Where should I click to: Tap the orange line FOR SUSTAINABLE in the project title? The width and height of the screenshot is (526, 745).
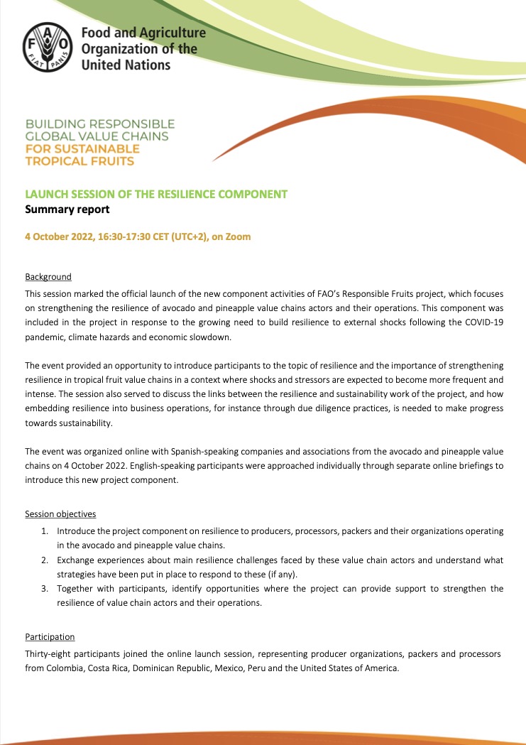click(x=82, y=149)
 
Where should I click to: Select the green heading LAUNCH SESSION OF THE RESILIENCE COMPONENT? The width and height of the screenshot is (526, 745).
click(x=156, y=194)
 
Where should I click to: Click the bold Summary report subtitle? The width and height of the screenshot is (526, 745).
click(x=67, y=210)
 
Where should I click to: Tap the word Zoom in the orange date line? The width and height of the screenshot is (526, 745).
click(x=239, y=236)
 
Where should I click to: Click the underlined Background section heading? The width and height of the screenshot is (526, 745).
click(x=48, y=276)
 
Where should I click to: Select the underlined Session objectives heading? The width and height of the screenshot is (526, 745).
click(x=60, y=513)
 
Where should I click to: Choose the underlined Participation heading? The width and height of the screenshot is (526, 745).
click(x=50, y=637)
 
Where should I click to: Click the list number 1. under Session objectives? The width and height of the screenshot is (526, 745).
click(x=45, y=531)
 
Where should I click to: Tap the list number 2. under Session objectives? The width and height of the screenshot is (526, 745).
click(x=45, y=560)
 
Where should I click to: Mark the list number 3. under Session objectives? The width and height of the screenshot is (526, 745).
click(x=45, y=589)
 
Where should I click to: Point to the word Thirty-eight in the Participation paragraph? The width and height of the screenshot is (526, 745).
click(x=49, y=653)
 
